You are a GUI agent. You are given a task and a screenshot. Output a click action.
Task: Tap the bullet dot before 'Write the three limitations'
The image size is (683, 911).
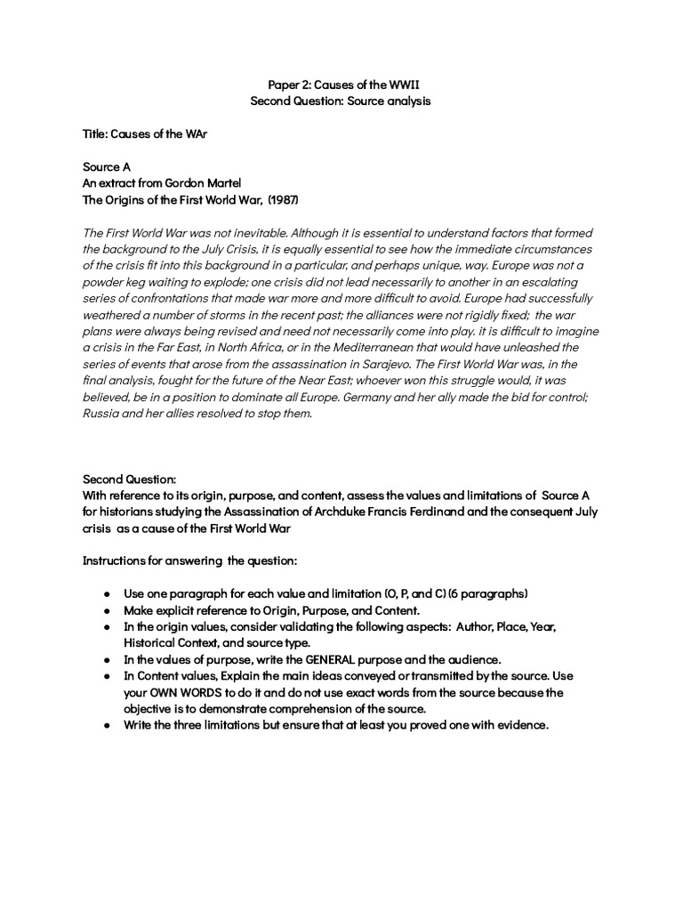[x=106, y=725]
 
